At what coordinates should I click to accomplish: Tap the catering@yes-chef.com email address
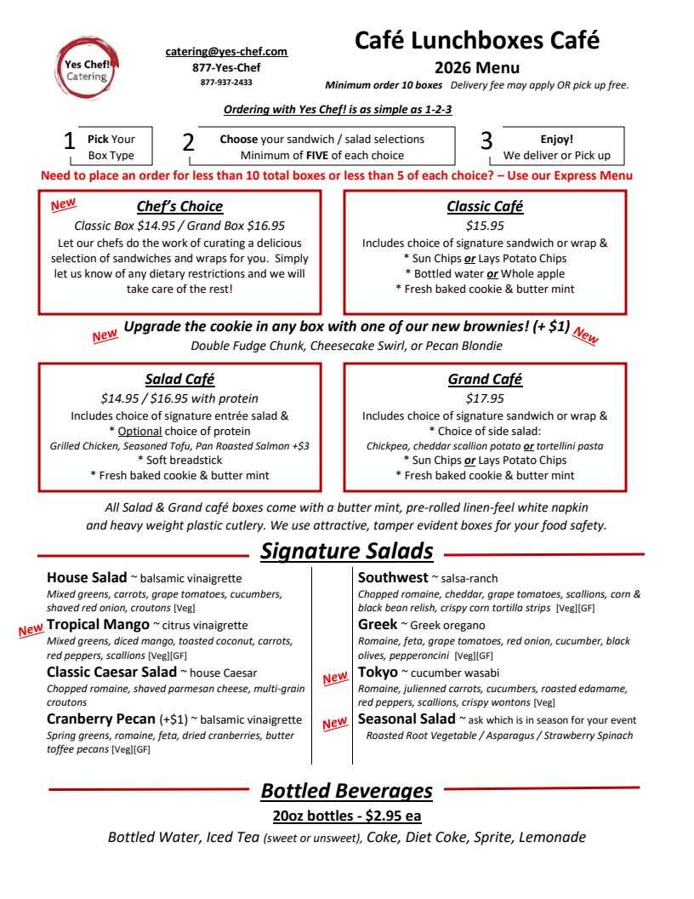(x=226, y=52)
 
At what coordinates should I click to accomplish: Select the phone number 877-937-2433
(x=226, y=83)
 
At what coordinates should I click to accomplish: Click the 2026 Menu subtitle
(x=476, y=68)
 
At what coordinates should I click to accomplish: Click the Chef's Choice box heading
(x=179, y=207)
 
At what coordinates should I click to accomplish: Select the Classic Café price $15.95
(x=485, y=226)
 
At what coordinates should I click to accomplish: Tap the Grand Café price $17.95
(x=485, y=398)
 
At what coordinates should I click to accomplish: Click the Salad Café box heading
(x=179, y=380)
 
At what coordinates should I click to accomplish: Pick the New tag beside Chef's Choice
(x=63, y=205)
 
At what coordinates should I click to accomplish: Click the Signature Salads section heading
(x=346, y=552)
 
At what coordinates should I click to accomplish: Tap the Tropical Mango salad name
(x=98, y=625)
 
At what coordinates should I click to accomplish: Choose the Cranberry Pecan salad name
(x=101, y=719)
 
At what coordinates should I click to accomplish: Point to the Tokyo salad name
(x=378, y=673)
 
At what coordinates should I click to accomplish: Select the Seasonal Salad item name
(x=407, y=719)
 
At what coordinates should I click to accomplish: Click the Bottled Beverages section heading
(x=346, y=791)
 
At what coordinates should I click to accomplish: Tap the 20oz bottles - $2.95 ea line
(x=346, y=816)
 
